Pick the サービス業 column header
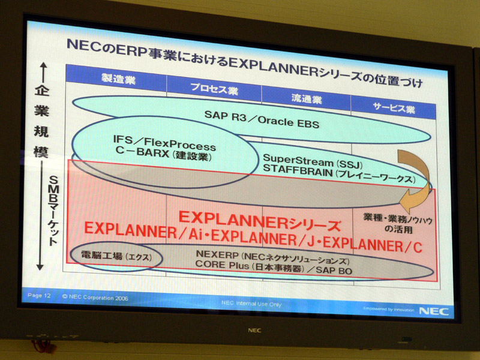(394, 107)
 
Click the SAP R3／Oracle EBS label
(262, 119)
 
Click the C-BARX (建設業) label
(163, 154)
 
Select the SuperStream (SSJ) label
(313, 161)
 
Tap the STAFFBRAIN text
(298, 170)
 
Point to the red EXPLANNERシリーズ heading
(259, 221)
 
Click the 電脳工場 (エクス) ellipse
(116, 256)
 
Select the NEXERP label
(217, 254)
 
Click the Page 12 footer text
(39, 295)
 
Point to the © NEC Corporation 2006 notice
(95, 297)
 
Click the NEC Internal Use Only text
(251, 304)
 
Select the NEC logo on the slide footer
(434, 311)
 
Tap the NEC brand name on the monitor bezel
(254, 331)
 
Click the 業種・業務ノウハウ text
(398, 218)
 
